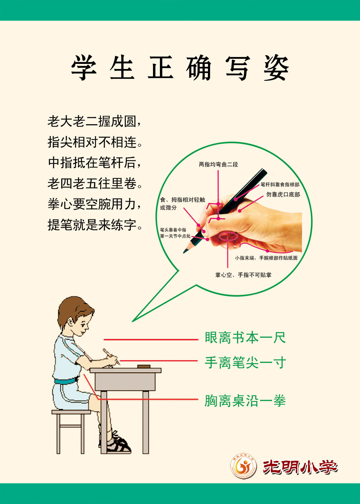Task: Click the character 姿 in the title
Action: [x=276, y=68]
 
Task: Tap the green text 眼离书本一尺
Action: [x=245, y=338]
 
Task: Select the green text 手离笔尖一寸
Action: [x=245, y=363]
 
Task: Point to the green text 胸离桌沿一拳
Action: [x=245, y=401]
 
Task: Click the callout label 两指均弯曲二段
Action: [x=218, y=164]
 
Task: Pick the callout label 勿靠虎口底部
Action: [x=283, y=194]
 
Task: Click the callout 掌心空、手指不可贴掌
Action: [x=243, y=275]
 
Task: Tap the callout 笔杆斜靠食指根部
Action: [x=280, y=184]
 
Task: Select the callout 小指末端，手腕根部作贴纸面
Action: [x=266, y=258]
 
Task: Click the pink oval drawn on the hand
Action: [x=228, y=237]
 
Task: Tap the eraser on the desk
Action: [x=144, y=366]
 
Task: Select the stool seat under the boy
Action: [x=71, y=412]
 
